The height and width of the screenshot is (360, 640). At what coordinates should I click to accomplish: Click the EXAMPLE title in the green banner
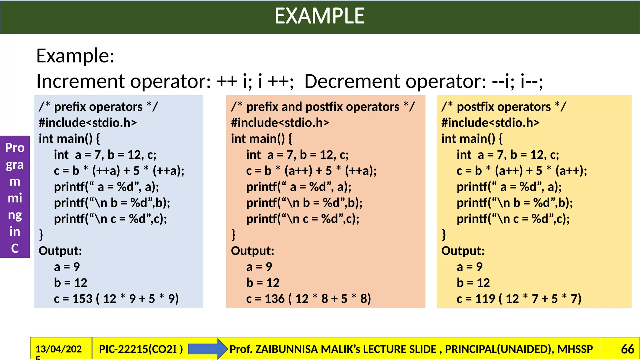pos(319,16)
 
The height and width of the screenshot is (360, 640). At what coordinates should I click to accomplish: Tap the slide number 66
pos(627,349)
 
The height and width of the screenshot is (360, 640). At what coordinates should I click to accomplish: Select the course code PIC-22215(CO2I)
pos(141,349)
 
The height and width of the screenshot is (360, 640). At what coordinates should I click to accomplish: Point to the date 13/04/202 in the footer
pos(58,349)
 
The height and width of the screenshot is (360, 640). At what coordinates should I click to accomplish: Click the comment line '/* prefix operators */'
pos(98,107)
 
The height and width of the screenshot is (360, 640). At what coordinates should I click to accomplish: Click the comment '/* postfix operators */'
pos(503,107)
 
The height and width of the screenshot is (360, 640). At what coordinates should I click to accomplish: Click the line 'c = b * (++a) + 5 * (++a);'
pos(119,171)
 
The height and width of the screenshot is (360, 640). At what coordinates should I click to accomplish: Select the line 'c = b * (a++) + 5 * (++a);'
pos(311,171)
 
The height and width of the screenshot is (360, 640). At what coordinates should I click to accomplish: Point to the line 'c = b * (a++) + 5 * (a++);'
pos(522,171)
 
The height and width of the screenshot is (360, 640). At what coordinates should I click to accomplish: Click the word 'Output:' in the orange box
pos(252,251)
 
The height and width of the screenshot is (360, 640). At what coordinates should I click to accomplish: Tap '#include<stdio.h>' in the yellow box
pos(490,123)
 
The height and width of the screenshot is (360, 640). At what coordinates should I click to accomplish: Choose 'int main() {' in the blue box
pos(69,139)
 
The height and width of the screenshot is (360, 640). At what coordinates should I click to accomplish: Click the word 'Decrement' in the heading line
pos(352,81)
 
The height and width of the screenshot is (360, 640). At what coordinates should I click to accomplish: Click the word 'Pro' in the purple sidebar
pos(15,148)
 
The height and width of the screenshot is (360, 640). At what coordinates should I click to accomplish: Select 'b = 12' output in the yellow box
pos(473,283)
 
